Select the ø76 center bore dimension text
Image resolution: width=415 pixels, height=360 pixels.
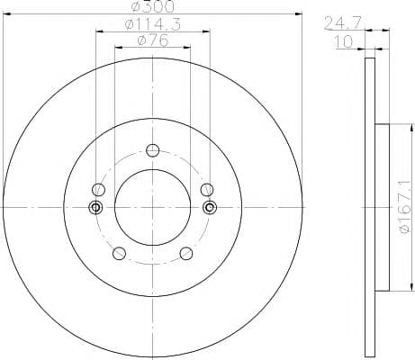click(152, 40)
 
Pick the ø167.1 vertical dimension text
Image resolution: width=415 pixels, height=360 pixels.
click(407, 207)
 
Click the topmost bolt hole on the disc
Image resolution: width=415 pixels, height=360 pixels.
click(152, 150)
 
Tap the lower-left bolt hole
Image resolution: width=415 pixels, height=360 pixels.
click(118, 254)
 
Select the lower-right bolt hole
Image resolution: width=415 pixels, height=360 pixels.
click(186, 254)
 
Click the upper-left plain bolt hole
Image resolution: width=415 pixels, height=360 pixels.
click(98, 190)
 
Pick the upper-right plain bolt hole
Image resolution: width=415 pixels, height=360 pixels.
click(206, 189)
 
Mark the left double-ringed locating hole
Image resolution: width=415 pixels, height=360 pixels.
click(95, 208)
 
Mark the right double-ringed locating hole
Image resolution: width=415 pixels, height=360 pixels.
click(210, 208)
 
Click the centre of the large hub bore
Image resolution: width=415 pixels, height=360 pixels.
click(152, 207)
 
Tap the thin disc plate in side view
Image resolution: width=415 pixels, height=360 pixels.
click(369, 207)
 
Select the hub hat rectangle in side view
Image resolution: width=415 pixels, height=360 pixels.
click(382, 207)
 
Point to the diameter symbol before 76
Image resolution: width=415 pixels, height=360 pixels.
click(142, 40)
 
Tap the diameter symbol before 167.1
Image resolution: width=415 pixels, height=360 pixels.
click(407, 233)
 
